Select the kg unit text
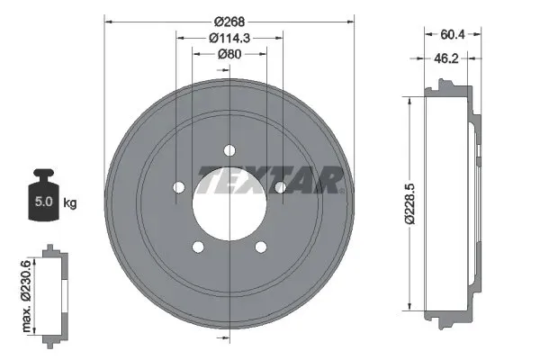pos(70,203)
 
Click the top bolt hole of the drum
pos(229,149)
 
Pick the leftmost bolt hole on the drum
pos(177,187)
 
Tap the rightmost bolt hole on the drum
pos(280,187)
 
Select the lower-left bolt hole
pos(197,247)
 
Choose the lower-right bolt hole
pos(261,247)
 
